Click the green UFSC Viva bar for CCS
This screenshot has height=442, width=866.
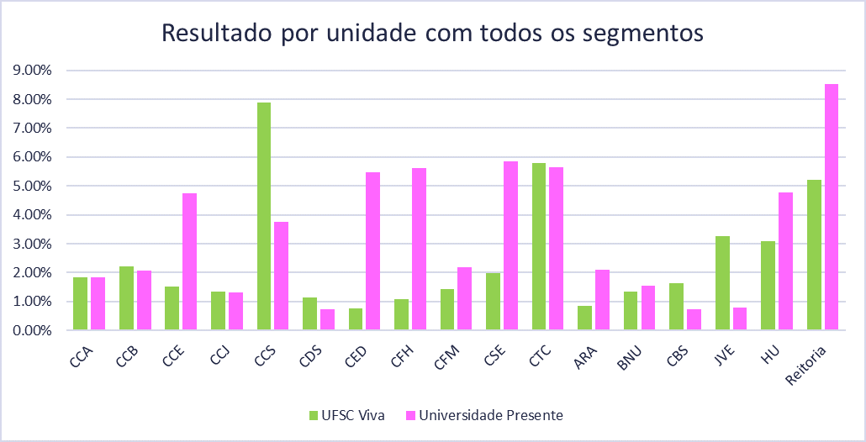pyautogui.click(x=264, y=216)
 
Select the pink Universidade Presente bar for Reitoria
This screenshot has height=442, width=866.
pyautogui.click(x=832, y=207)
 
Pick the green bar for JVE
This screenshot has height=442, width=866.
pyautogui.click(x=722, y=282)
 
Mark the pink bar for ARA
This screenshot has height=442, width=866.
pyautogui.click(x=602, y=299)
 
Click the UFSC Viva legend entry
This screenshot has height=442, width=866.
pyautogui.click(x=346, y=415)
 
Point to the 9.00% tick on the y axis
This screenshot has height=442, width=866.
pyautogui.click(x=29, y=71)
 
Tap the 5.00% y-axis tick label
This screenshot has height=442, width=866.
pyautogui.click(x=29, y=186)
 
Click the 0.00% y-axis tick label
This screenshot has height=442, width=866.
pyautogui.click(x=29, y=330)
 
